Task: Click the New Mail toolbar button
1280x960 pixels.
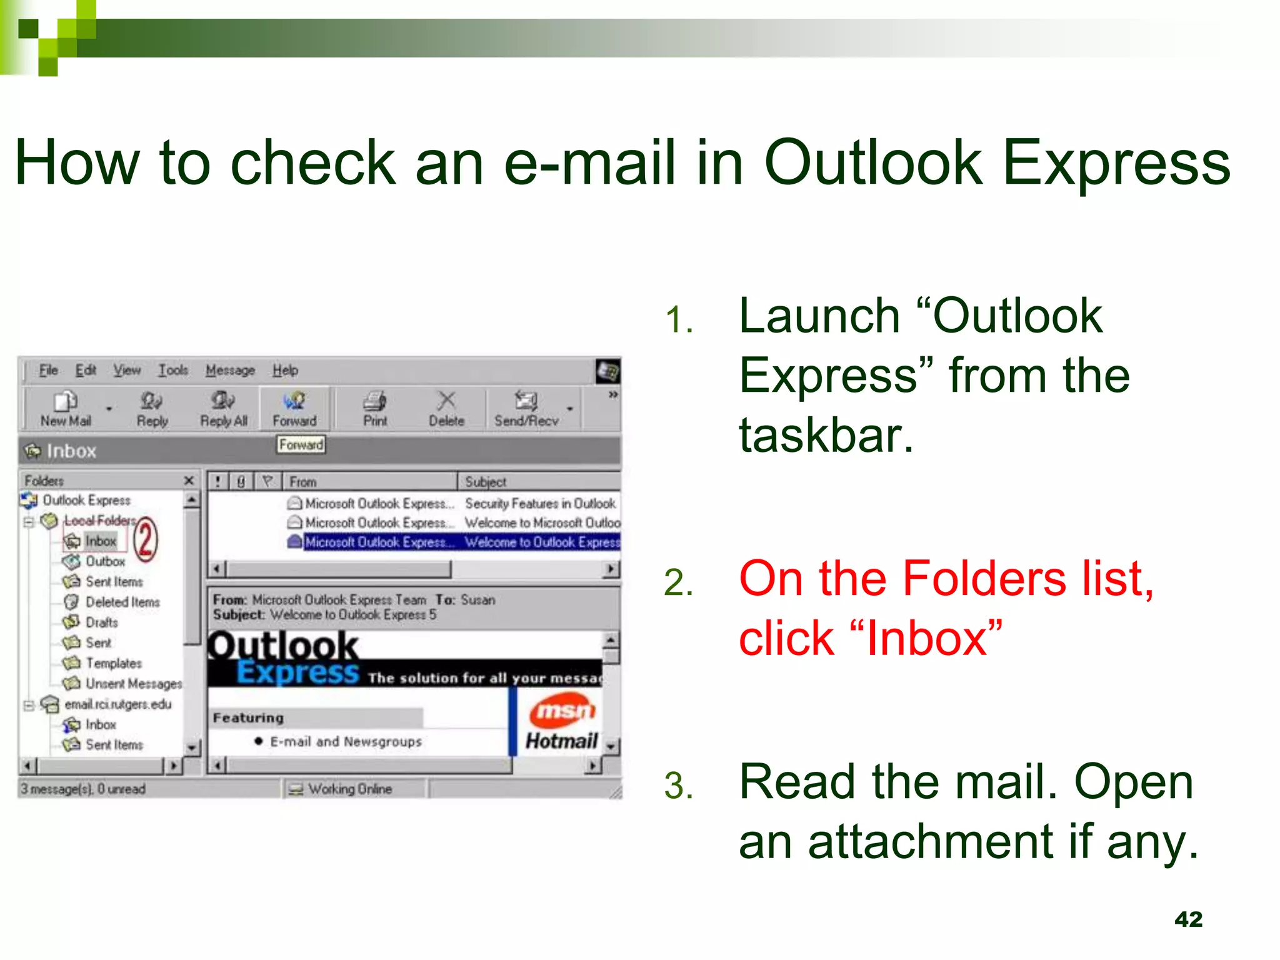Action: pyautogui.click(x=66, y=409)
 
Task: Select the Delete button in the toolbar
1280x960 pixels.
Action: pyautogui.click(x=446, y=409)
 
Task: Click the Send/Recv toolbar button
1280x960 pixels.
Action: pyautogui.click(x=526, y=409)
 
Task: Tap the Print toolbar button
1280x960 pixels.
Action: pyautogui.click(x=375, y=409)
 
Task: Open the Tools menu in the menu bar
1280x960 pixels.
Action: pyautogui.click(x=172, y=370)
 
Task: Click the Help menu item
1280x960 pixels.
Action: pyautogui.click(x=285, y=370)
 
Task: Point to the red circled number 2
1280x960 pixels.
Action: pyautogui.click(x=146, y=539)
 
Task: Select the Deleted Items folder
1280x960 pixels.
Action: pyautogui.click(x=122, y=602)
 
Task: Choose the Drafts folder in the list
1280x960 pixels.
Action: pyautogui.click(x=101, y=622)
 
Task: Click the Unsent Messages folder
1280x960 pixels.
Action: pyautogui.click(x=133, y=684)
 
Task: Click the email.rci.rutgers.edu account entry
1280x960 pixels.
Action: pyautogui.click(x=117, y=704)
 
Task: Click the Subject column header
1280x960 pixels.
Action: pyautogui.click(x=486, y=482)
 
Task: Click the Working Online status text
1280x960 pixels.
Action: pyautogui.click(x=349, y=789)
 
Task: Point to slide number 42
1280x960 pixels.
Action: pyautogui.click(x=1188, y=919)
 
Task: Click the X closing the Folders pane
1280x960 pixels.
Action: pyautogui.click(x=189, y=481)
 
